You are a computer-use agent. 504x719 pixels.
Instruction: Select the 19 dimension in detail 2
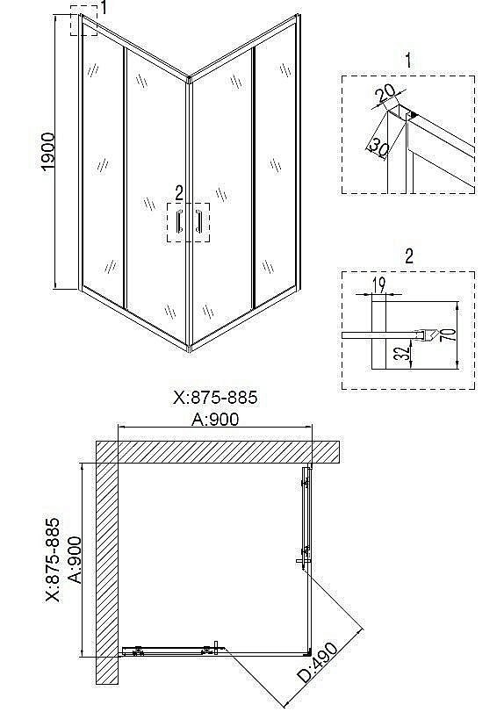click(378, 283)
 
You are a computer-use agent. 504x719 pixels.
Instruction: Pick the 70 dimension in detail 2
click(449, 336)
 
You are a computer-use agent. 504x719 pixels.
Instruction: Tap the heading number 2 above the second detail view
click(409, 256)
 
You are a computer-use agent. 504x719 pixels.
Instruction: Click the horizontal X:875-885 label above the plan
click(215, 398)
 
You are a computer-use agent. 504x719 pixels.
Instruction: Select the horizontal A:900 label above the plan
click(216, 419)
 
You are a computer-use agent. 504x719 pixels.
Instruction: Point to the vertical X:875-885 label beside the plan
click(53, 559)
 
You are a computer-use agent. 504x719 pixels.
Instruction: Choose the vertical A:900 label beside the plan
click(75, 559)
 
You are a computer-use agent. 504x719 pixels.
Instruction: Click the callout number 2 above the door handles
click(179, 191)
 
